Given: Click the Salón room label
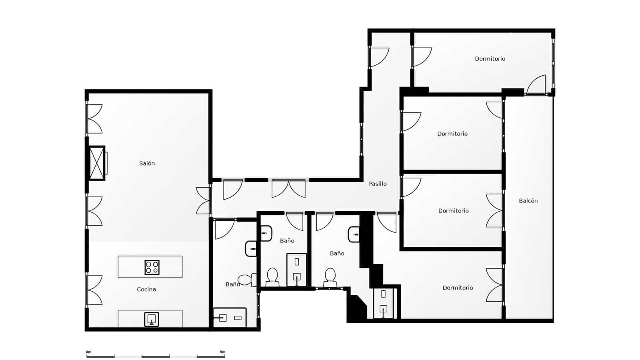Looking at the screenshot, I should [147, 163].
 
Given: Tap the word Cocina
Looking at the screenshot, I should [146, 289].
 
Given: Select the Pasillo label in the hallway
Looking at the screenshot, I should [378, 184].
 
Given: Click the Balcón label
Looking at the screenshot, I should [528, 201].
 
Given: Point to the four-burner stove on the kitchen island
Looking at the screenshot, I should [152, 267].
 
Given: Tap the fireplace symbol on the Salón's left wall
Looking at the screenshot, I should [97, 163].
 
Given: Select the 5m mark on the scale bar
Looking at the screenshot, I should [222, 352].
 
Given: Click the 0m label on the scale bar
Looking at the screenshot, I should [88, 352].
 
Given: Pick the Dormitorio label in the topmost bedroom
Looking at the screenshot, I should [490, 59].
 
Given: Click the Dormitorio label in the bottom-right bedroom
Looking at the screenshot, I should [458, 288].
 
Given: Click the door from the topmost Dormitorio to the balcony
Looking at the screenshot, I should [536, 86].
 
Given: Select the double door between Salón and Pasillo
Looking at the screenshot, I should [203, 200].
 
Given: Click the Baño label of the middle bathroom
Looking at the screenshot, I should [287, 241].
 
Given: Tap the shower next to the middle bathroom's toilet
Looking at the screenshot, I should [297, 270].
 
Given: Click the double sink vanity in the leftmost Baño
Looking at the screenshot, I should [230, 318].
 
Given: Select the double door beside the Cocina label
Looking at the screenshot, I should [94, 290].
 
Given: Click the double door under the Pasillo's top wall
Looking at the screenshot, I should [288, 189].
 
